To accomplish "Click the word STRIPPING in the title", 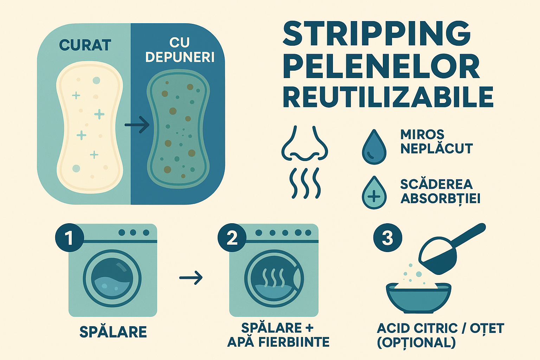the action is pos(377,36).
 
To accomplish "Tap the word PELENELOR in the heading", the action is pos(381,67).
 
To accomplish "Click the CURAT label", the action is pos(85,45).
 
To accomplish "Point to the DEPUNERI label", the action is pos(180,58).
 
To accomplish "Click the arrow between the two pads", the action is pos(137,125).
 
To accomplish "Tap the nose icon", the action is pos(305,143).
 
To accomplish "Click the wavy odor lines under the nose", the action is pos(305,183).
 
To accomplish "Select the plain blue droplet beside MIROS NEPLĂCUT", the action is pos(374,147).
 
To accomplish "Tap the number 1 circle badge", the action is pos(70,238).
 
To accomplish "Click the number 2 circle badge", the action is pos(232,238).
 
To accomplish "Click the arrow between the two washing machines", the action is pos(191,278).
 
